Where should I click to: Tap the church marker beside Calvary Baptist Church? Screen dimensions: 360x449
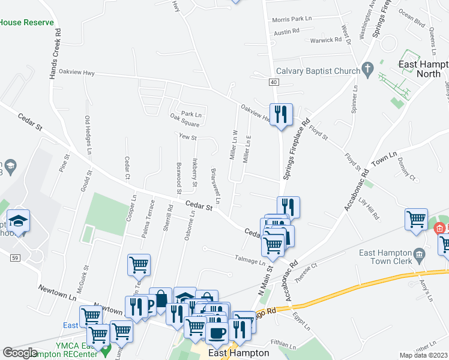(x=367, y=70)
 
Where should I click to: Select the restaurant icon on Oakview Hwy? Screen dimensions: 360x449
(x=281, y=113)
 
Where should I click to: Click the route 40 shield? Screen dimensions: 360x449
(x=274, y=82)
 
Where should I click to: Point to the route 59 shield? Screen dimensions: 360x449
(x=14, y=258)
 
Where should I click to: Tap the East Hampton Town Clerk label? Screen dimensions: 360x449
(x=385, y=257)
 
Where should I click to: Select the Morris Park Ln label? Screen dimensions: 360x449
(x=292, y=19)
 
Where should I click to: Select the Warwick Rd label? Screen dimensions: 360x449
(x=326, y=40)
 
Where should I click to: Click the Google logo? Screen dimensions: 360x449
(x=20, y=353)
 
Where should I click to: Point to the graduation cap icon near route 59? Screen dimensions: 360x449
(x=19, y=221)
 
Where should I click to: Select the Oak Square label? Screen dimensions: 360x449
(x=184, y=124)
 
